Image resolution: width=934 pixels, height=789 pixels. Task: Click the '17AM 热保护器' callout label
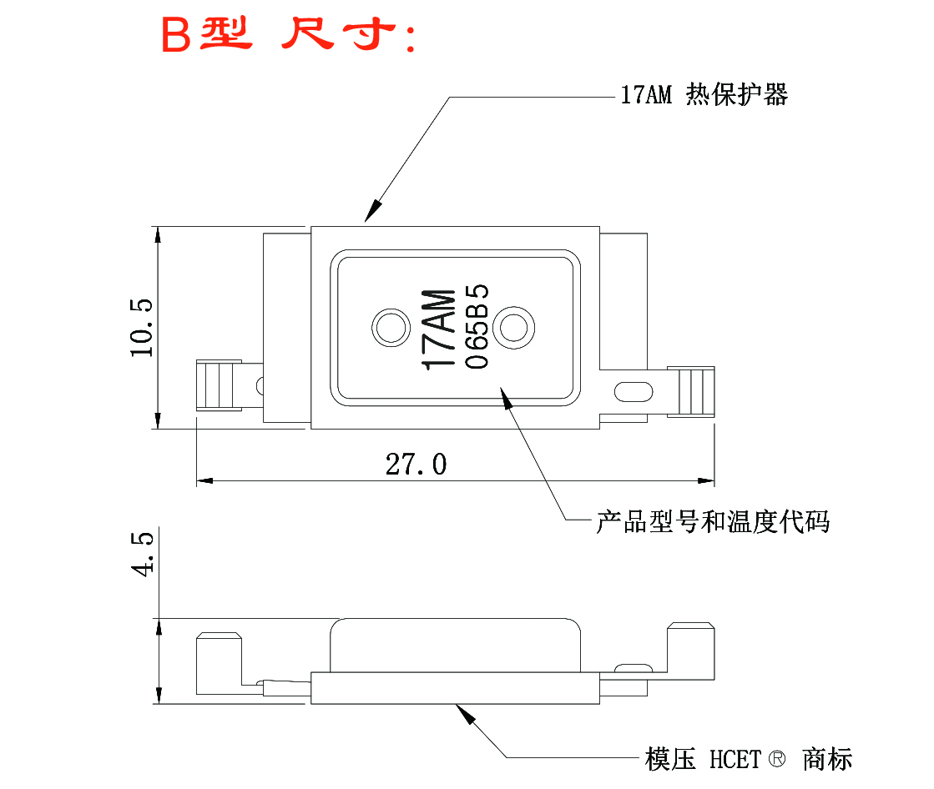coord(704,95)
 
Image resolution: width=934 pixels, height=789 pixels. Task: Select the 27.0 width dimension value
coord(416,464)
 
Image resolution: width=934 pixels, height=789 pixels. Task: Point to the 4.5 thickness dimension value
coord(142,555)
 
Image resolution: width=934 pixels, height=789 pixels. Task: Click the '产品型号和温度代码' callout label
coord(712,522)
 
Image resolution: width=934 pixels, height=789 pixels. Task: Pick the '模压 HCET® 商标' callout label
coord(749,759)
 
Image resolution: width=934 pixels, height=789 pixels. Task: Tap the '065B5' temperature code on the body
coord(476,328)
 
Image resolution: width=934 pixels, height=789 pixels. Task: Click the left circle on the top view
coord(388,327)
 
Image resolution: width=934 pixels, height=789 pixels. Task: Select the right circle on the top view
coord(513,327)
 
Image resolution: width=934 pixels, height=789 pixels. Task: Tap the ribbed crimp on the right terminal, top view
coord(695,390)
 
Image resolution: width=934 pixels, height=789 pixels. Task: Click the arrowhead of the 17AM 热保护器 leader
coord(371,214)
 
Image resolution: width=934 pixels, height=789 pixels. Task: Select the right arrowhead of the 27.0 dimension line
coord(708,481)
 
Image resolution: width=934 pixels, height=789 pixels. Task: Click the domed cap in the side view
coord(455,645)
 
